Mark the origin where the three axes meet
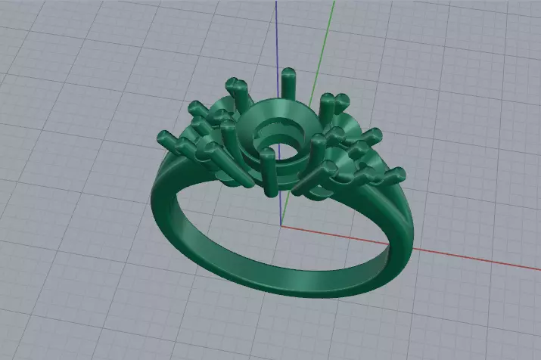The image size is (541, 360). [x=281, y=225]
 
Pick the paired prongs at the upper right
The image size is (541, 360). [x=333, y=101]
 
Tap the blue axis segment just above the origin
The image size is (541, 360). [x=282, y=208]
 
